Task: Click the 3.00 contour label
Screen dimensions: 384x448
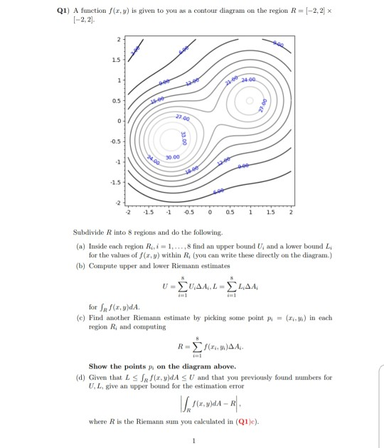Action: coord(136,46)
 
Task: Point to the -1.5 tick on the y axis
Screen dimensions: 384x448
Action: coord(120,181)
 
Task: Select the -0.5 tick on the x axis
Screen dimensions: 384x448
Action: coord(190,211)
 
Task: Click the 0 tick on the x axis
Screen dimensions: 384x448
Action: coord(210,211)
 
